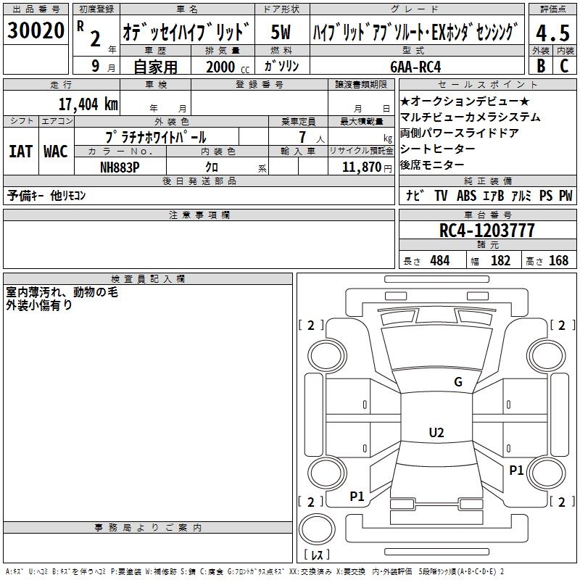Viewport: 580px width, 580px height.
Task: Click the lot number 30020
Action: [36, 30]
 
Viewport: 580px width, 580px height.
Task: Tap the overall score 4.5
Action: [552, 33]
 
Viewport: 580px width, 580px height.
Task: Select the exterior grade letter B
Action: [541, 66]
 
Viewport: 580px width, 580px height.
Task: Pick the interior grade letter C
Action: [564, 66]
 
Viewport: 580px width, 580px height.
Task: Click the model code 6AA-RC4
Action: [415, 67]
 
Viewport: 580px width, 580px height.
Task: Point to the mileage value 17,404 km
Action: [88, 104]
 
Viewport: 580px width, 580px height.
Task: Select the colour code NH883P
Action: [120, 167]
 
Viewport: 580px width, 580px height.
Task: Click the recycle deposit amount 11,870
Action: [362, 167]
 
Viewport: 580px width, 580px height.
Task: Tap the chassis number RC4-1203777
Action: [486, 231]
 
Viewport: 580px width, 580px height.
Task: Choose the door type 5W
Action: [281, 32]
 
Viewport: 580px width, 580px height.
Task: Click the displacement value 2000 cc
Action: [228, 67]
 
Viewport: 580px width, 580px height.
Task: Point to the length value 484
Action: [440, 260]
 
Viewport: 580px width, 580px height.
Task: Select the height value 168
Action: [558, 260]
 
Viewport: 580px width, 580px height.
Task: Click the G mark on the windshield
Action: [458, 382]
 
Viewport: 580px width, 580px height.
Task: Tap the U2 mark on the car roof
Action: [436, 432]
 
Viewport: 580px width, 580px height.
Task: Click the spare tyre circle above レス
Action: [317, 529]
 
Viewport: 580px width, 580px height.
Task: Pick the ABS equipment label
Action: [466, 196]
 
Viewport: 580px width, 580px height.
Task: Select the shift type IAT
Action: [20, 152]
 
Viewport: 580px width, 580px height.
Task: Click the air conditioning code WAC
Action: [56, 152]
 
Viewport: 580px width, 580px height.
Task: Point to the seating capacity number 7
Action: [302, 137]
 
